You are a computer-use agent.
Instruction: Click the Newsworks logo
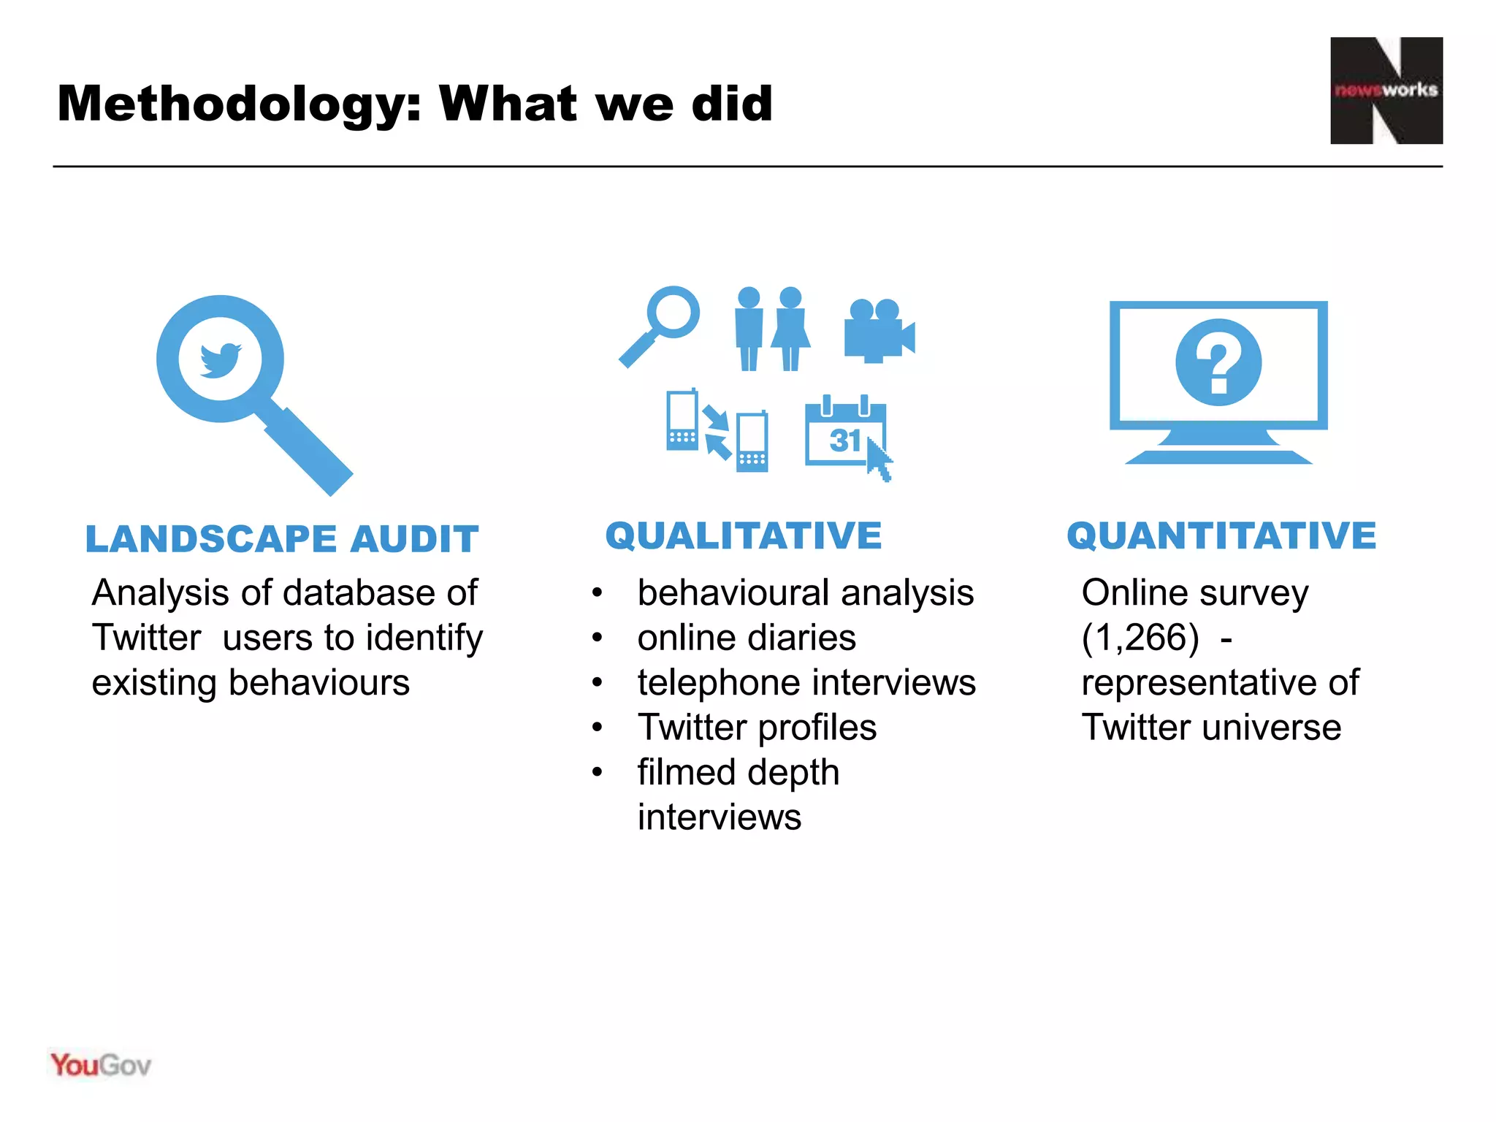tap(1386, 91)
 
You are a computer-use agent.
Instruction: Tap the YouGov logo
tap(101, 1066)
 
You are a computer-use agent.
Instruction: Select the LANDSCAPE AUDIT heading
tap(282, 539)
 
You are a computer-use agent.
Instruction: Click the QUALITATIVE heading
tap(744, 535)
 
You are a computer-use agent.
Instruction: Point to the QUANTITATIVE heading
tap(1221, 535)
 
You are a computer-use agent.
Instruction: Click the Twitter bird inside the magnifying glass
tap(221, 359)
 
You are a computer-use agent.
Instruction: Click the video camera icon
tap(879, 331)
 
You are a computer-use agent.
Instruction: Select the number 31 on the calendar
tap(844, 440)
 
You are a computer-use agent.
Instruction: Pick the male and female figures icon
tap(771, 329)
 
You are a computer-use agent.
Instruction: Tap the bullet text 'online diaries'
tap(746, 638)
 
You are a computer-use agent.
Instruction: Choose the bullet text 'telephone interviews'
tap(806, 683)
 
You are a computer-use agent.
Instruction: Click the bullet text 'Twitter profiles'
tap(757, 728)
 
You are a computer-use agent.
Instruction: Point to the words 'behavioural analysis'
tap(805, 592)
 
